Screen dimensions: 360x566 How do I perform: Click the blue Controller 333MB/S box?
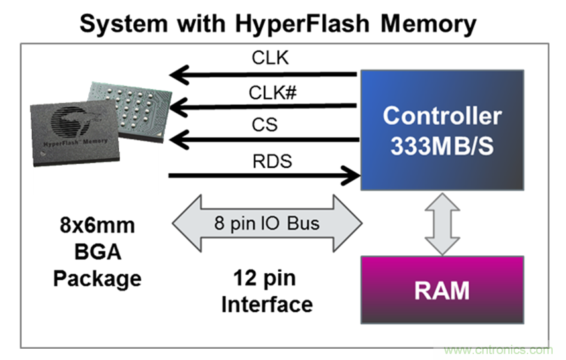click(442, 129)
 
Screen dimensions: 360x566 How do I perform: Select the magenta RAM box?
click(442, 290)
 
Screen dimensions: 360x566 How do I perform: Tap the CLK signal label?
click(270, 58)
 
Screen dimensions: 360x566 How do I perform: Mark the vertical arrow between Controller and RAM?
click(441, 223)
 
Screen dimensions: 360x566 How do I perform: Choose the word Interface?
click(266, 304)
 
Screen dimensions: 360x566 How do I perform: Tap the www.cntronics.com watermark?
click(498, 349)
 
